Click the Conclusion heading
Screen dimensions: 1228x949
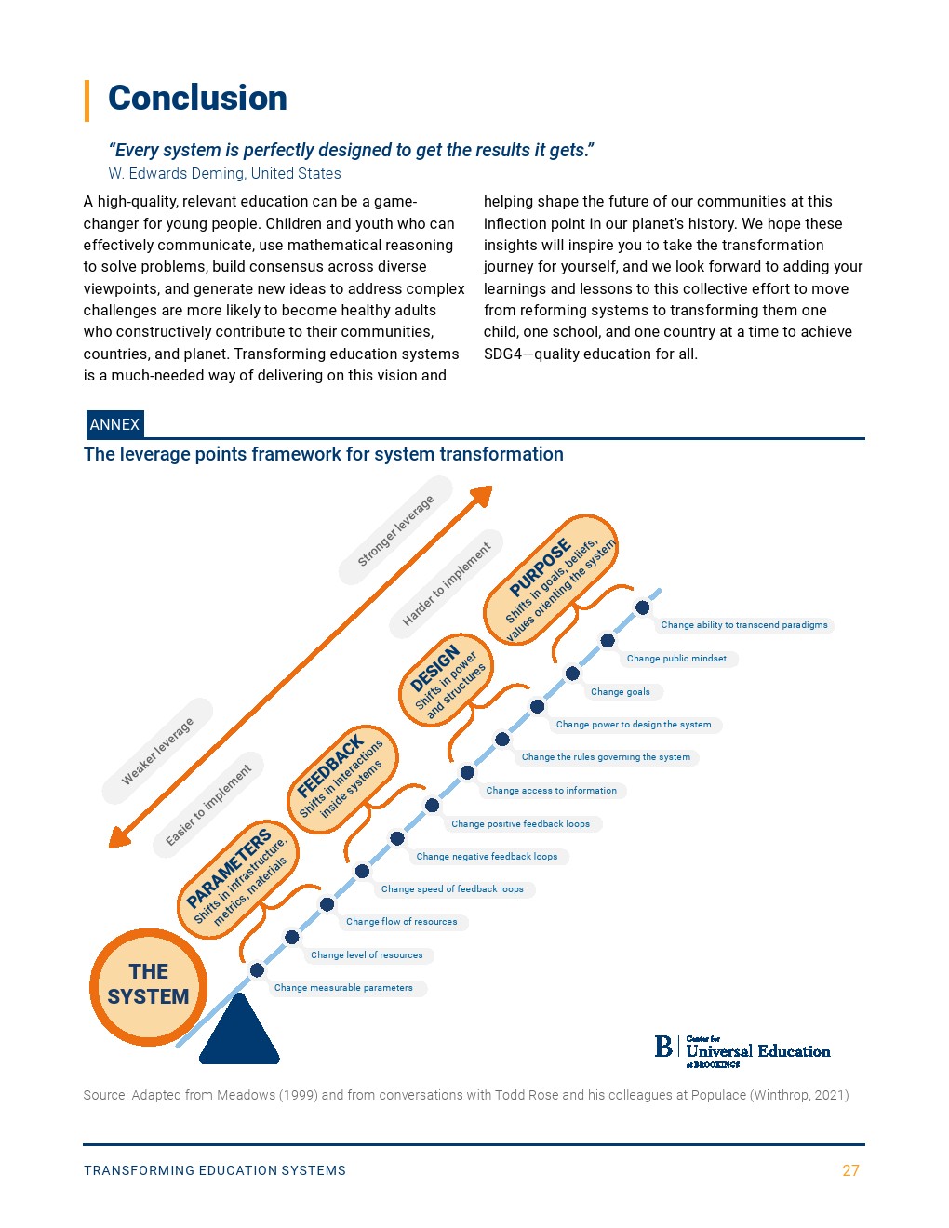tap(197, 99)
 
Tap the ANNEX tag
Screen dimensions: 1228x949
tap(114, 424)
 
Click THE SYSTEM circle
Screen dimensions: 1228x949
tap(148, 984)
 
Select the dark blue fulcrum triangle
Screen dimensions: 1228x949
tap(239, 1033)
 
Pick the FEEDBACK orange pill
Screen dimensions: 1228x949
tap(341, 778)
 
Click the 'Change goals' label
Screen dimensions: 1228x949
tap(621, 691)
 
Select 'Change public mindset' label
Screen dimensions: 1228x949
tap(676, 659)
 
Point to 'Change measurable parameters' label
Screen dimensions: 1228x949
tap(343, 988)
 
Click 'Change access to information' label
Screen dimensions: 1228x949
tap(551, 791)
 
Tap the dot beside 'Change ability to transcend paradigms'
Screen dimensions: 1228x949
tap(642, 607)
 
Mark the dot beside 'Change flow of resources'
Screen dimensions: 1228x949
tap(327, 904)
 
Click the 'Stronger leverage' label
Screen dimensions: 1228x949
tap(395, 530)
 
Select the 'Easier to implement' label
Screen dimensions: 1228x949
tap(208, 805)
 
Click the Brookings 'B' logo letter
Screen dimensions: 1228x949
tap(663, 1047)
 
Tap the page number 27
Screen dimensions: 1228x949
tap(850, 1170)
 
